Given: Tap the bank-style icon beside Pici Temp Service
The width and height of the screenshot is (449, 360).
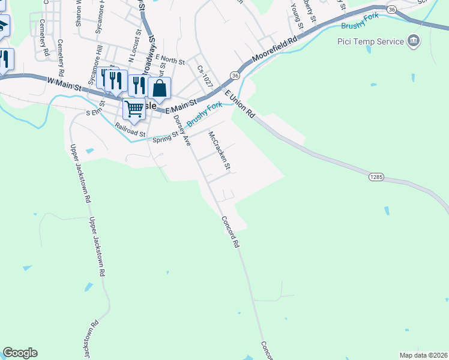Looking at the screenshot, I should [x=413, y=41].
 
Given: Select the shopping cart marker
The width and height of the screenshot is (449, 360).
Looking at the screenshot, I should [x=134, y=109].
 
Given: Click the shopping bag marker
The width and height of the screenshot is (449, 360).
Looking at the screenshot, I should [x=160, y=88].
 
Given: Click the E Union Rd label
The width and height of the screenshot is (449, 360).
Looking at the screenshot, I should [x=240, y=103].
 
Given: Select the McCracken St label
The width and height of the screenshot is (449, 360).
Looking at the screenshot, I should [x=220, y=150].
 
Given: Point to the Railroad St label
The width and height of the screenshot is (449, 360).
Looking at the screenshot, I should [x=130, y=130].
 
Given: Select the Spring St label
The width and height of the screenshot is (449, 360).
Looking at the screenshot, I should [x=166, y=138].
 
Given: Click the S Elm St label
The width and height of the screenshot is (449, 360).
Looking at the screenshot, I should [x=98, y=112].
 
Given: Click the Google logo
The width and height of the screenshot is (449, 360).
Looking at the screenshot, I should [x=20, y=353].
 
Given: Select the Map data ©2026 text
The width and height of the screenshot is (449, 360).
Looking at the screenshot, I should [x=423, y=355].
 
